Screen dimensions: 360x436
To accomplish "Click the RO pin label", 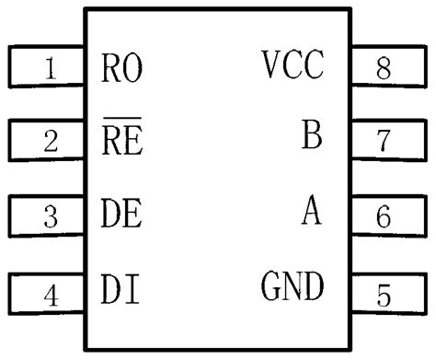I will pyautogui.click(x=122, y=68).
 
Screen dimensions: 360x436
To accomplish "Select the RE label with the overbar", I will pyautogui.click(x=122, y=142).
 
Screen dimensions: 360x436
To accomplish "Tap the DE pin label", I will pyautogui.click(x=122, y=216).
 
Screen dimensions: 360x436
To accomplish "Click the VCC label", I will pyautogui.click(x=293, y=65).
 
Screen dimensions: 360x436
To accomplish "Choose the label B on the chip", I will pyautogui.click(x=312, y=138).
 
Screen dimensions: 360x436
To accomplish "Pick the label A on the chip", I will pyautogui.click(x=312, y=214).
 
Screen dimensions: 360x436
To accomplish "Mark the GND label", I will pyautogui.click(x=293, y=289).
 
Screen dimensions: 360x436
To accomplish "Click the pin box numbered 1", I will pyautogui.click(x=46, y=67).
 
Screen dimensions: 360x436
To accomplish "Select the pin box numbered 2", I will pyautogui.click(x=46, y=142).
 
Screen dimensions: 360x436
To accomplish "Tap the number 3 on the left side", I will pyautogui.click(x=52, y=217).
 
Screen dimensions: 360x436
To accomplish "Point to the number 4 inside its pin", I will pyautogui.click(x=52, y=295).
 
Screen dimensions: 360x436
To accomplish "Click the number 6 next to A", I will pyautogui.click(x=384, y=217).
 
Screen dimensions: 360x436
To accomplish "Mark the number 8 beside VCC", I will pyautogui.click(x=384, y=67).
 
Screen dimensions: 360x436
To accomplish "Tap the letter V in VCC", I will pyautogui.click(x=272, y=65).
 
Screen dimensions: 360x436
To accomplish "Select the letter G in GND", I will pyautogui.click(x=272, y=289).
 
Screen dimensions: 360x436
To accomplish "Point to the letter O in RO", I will pyautogui.click(x=133, y=68).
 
